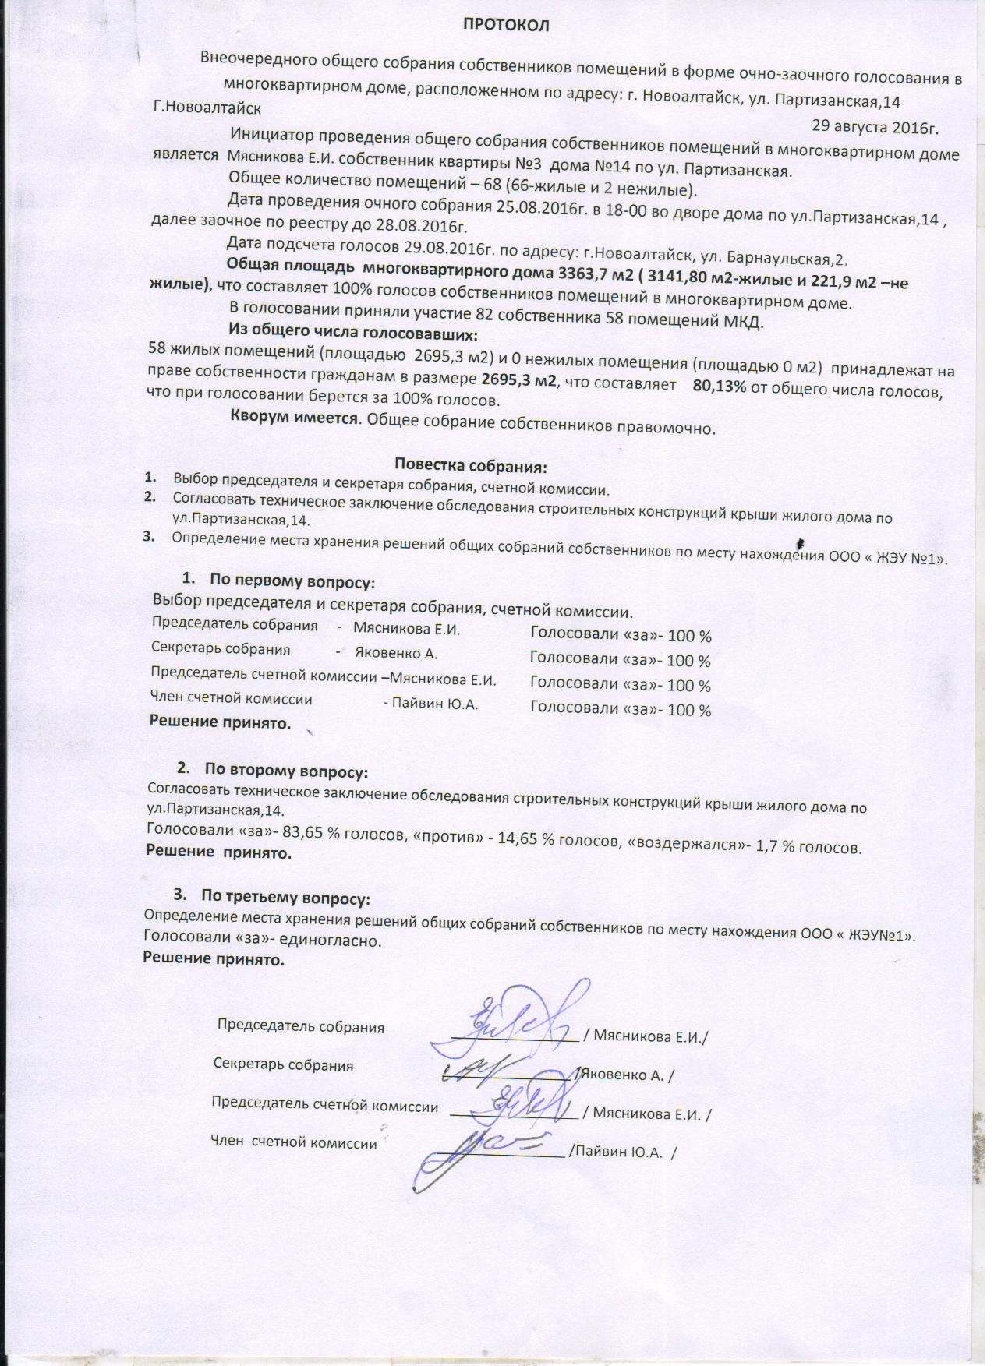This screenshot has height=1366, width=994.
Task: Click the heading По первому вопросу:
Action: pyautogui.click(x=293, y=581)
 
